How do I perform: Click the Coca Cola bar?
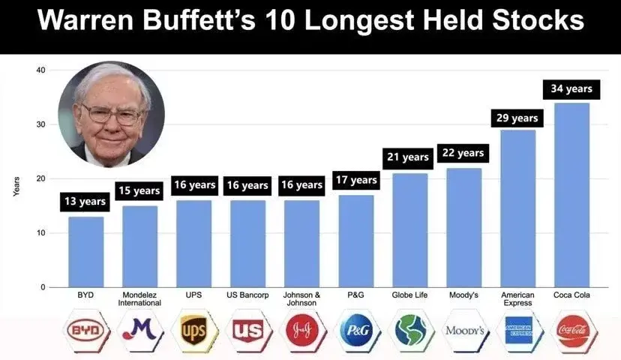pyautogui.click(x=572, y=195)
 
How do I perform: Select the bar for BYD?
pyautogui.click(x=86, y=252)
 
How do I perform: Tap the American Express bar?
pyautogui.click(x=518, y=208)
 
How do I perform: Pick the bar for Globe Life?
pyautogui.click(x=410, y=230)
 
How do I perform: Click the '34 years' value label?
pyautogui.click(x=571, y=88)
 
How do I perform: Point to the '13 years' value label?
pyautogui.click(x=85, y=202)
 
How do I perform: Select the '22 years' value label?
pyautogui.click(x=463, y=153)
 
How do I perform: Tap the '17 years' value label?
pyautogui.click(x=356, y=180)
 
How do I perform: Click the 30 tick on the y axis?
pyautogui.click(x=40, y=124)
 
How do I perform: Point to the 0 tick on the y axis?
pyautogui.click(x=43, y=287)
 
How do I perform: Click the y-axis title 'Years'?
pyautogui.click(x=16, y=187)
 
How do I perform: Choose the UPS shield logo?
pyautogui.click(x=193, y=330)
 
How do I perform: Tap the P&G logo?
pyautogui.click(x=356, y=330)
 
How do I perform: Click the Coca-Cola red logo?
pyautogui.click(x=573, y=330)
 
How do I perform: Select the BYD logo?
pyautogui.click(x=85, y=330)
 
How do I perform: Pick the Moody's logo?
pyautogui.click(x=464, y=330)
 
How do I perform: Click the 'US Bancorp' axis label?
pyautogui.click(x=247, y=295)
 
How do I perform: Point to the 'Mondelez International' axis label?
pyautogui.click(x=139, y=299)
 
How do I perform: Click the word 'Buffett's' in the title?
pyautogui.click(x=199, y=19)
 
